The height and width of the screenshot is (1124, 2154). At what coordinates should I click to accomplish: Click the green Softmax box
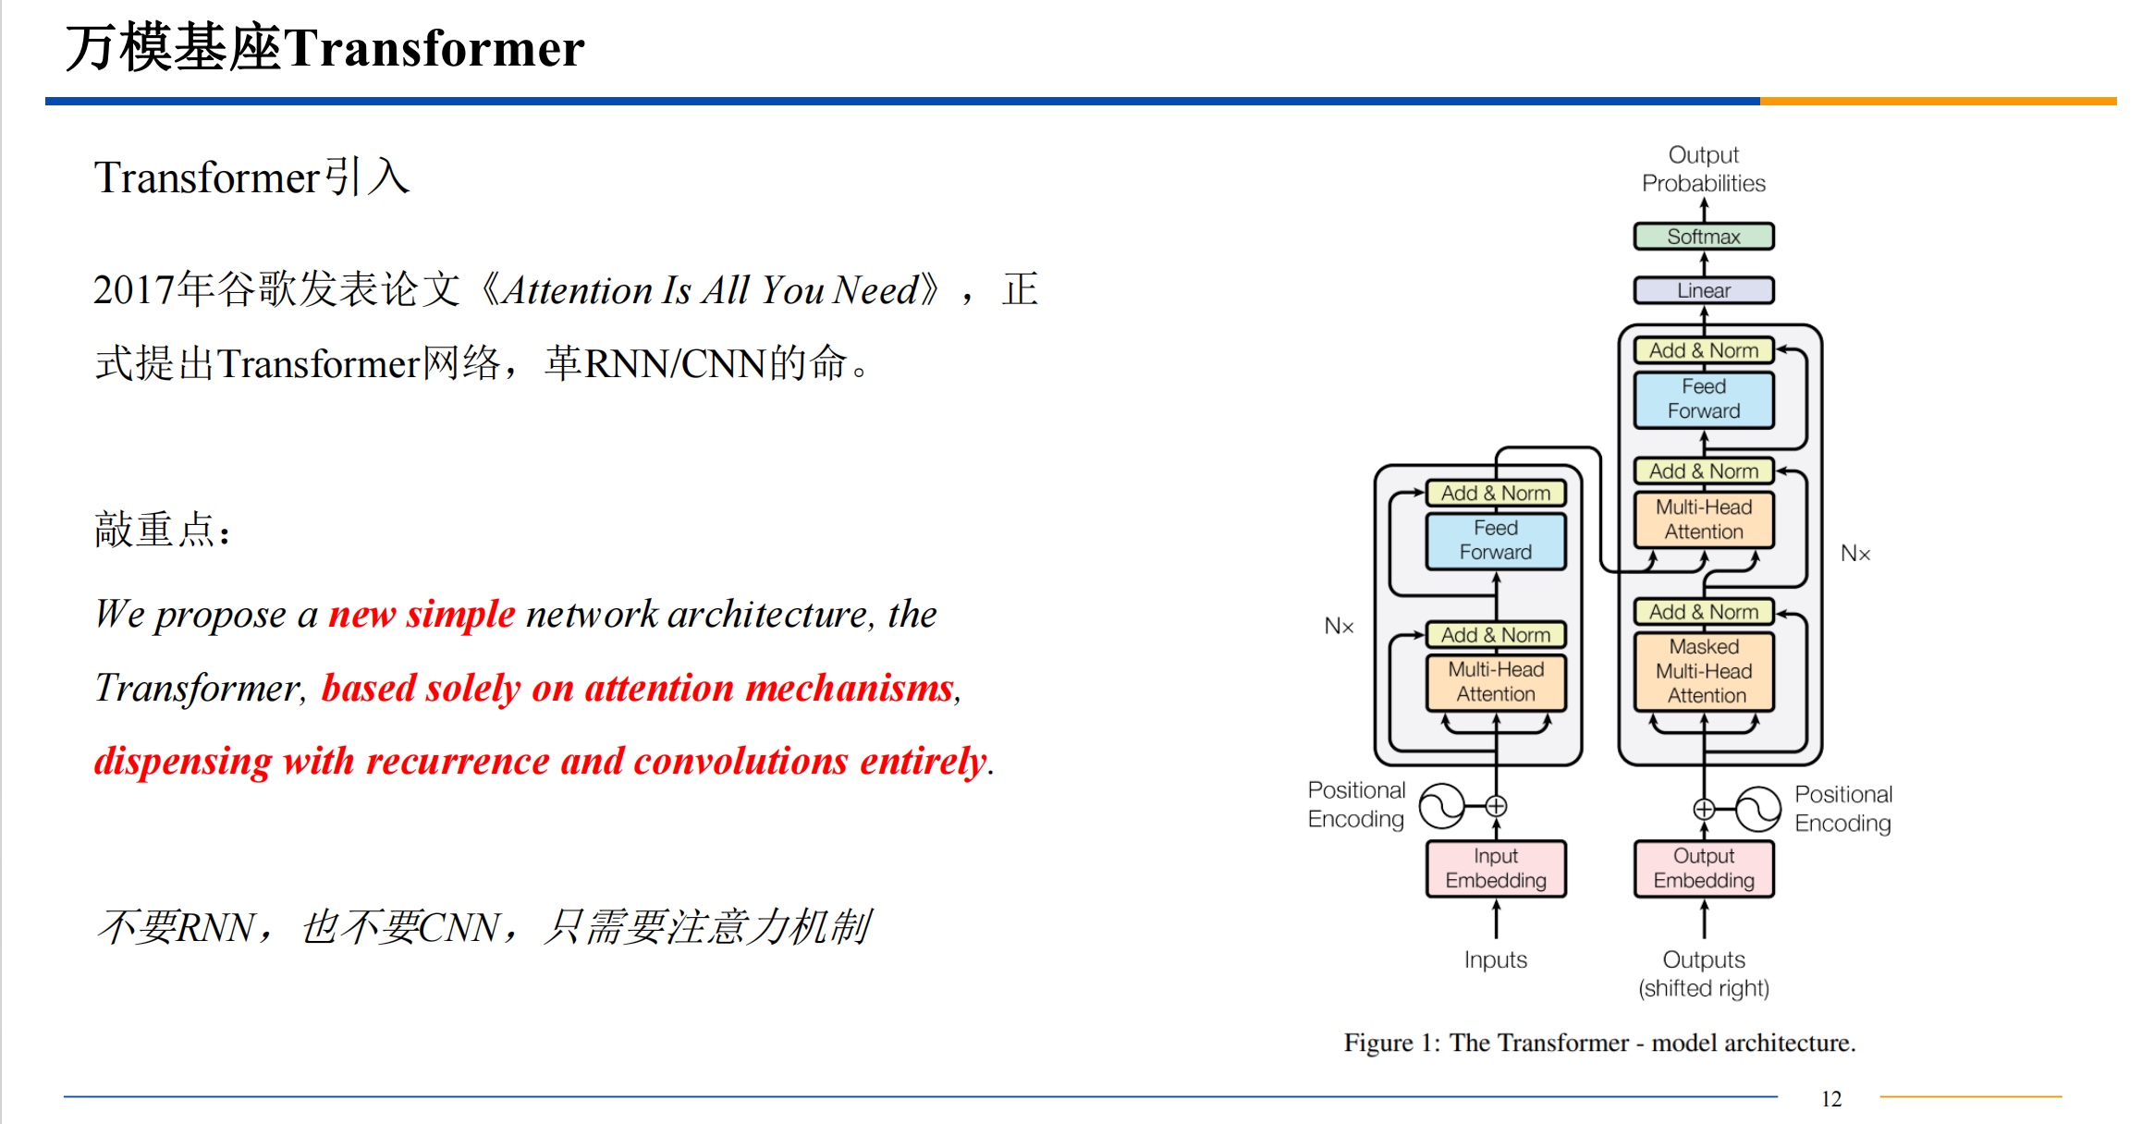(x=1704, y=237)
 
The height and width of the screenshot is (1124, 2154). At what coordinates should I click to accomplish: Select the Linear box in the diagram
(x=1704, y=290)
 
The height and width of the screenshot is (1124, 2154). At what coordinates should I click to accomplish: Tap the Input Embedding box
(x=1496, y=868)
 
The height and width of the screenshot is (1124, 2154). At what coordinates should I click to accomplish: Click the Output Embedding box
(x=1704, y=868)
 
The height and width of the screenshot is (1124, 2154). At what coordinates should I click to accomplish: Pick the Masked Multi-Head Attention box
(x=1704, y=671)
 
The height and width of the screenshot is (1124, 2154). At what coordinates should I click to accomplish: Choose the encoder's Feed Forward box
(x=1496, y=541)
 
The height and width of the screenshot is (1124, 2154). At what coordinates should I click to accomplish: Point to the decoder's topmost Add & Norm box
(x=1704, y=350)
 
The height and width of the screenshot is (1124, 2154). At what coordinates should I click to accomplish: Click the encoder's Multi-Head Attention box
(x=1496, y=682)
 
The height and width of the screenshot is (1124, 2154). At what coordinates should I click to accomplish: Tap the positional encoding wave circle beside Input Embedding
(x=1442, y=806)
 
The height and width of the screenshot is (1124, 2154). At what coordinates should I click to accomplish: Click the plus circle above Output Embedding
(x=1704, y=810)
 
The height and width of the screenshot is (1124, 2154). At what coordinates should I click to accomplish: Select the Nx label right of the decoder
(x=1855, y=554)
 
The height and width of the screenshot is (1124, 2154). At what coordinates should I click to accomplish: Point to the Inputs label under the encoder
(x=1496, y=959)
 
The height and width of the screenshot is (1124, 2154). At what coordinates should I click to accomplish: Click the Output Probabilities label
(x=1704, y=169)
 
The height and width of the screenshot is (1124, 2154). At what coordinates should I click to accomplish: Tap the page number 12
(x=1831, y=1099)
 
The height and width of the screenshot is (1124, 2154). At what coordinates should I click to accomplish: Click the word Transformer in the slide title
(x=434, y=48)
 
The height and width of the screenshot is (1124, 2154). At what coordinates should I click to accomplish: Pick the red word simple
(x=460, y=615)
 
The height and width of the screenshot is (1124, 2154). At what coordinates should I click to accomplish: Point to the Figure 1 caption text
(x=1599, y=1043)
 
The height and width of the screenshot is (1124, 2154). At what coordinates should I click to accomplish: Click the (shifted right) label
(x=1704, y=988)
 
